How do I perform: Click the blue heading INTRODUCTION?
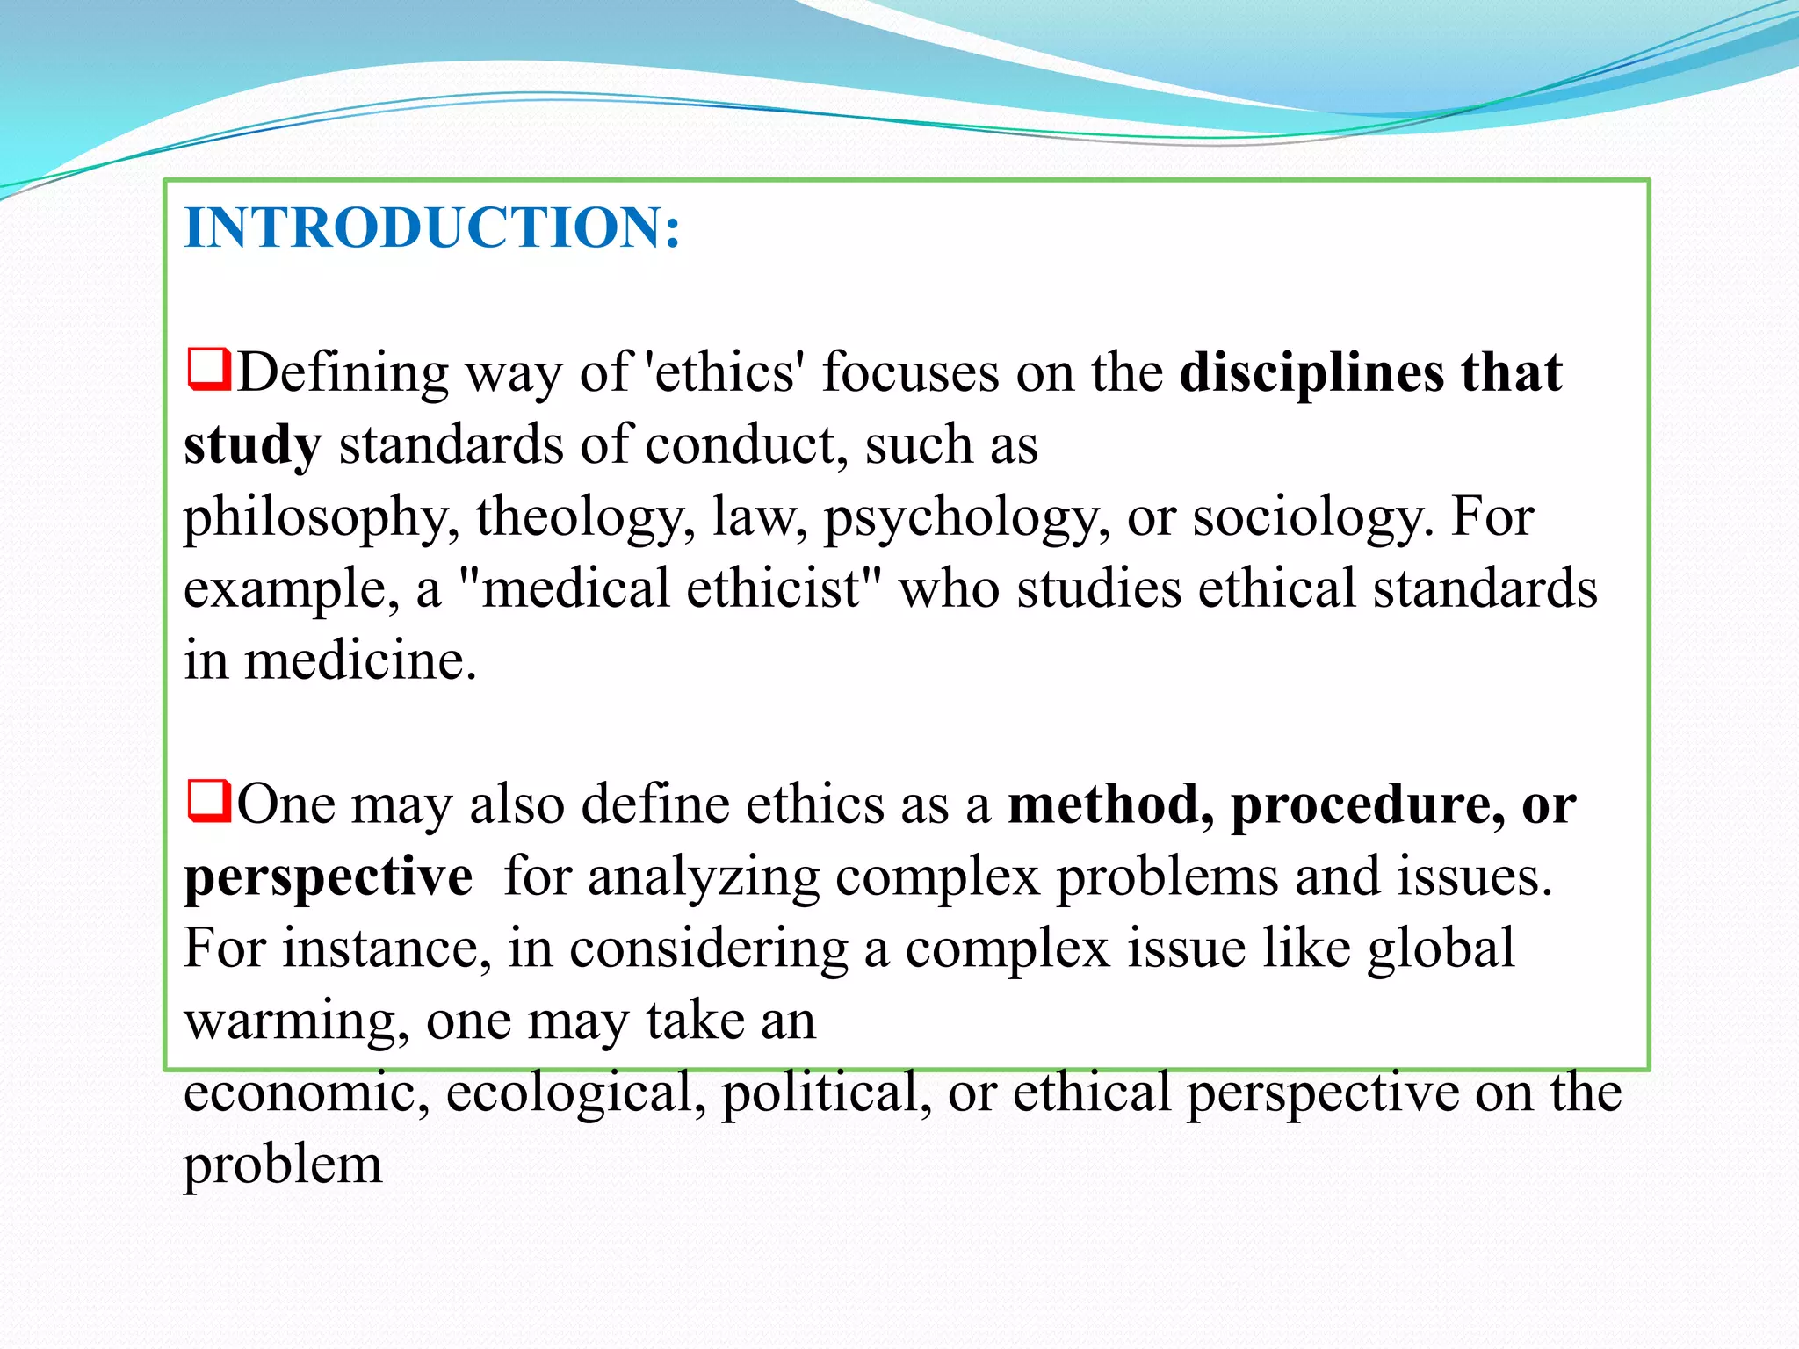coord(432,227)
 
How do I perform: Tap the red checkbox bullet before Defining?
coord(208,370)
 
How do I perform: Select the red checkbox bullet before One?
coord(208,801)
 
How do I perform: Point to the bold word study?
coord(253,445)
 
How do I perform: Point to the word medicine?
coord(360,660)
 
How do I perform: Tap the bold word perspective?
coord(329,877)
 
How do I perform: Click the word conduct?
coord(747,445)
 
